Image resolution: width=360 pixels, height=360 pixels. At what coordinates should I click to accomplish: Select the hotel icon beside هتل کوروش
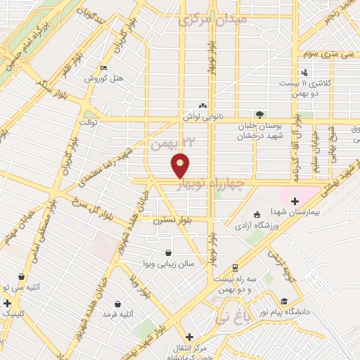(x=105, y=68)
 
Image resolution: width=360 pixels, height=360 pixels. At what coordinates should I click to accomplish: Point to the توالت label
(x=88, y=122)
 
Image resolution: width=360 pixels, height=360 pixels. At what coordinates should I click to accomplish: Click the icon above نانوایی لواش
(x=204, y=105)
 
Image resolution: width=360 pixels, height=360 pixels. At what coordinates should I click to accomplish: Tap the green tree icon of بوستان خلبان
(x=260, y=114)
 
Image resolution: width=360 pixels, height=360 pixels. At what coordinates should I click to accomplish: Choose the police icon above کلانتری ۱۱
(x=304, y=72)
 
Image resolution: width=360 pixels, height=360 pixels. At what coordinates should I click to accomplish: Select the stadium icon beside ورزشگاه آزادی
(x=257, y=214)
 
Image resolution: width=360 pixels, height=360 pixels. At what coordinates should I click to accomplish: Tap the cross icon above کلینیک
(x=7, y=303)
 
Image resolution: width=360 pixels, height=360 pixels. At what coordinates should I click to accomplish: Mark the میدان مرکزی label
(x=224, y=20)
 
